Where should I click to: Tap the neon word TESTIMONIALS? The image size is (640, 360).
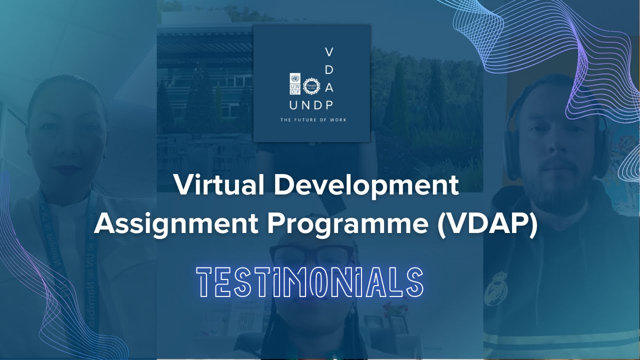pos(310,282)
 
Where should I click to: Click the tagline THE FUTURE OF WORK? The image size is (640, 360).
pos(313,120)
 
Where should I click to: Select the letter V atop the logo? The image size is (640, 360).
pos(329,52)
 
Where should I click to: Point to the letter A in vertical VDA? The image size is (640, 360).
pos(329,87)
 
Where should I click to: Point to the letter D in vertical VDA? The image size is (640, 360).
pos(329,70)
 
